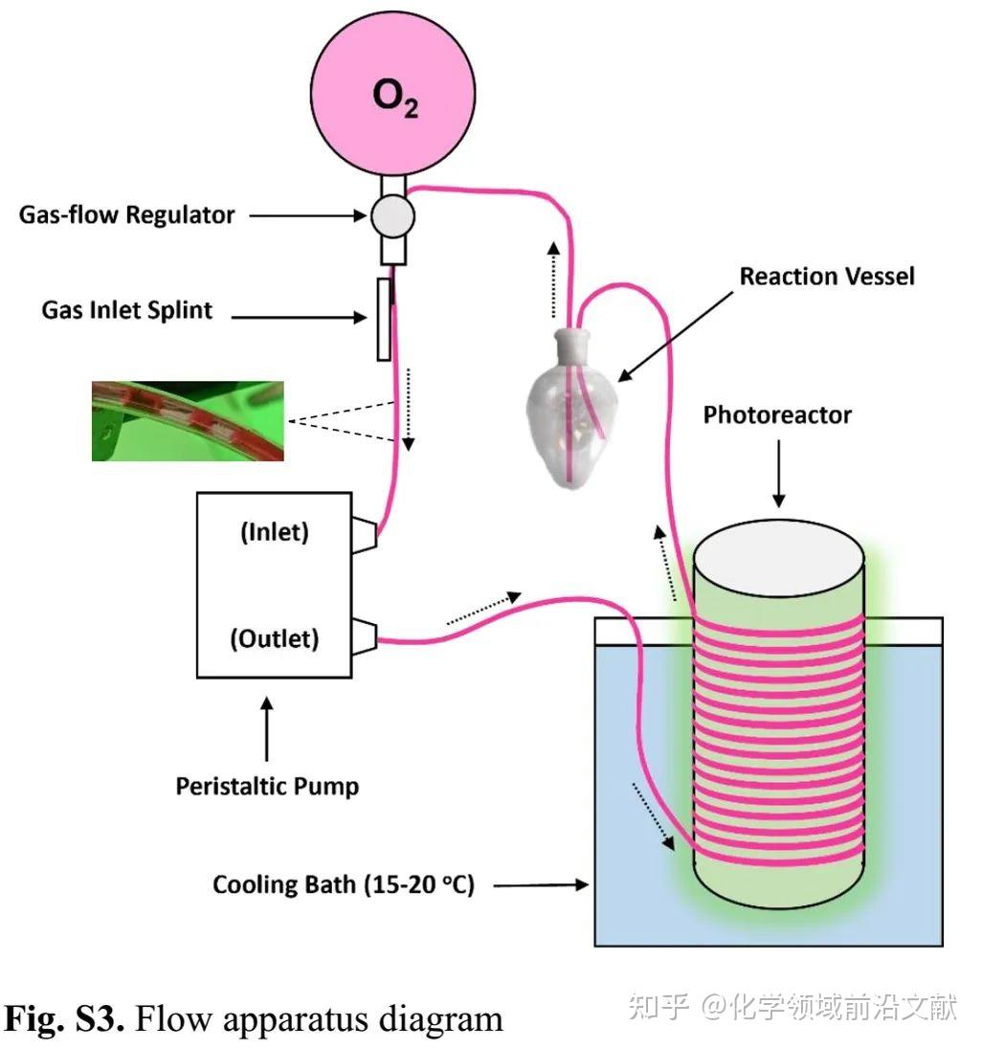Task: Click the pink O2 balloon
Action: pyautogui.click(x=393, y=94)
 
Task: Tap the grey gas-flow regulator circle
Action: pyautogui.click(x=393, y=216)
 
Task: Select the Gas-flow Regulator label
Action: pyautogui.click(x=127, y=215)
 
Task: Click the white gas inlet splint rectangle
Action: pyautogui.click(x=384, y=320)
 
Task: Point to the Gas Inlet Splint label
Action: pyautogui.click(x=127, y=311)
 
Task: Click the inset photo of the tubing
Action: pyautogui.click(x=188, y=421)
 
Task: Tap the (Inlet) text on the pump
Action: pyautogui.click(x=275, y=532)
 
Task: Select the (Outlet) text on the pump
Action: pyautogui.click(x=275, y=638)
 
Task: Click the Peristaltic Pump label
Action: pyautogui.click(x=267, y=786)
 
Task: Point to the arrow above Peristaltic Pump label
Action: pyautogui.click(x=267, y=729)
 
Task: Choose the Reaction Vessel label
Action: pyautogui.click(x=827, y=276)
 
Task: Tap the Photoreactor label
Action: pyautogui.click(x=777, y=415)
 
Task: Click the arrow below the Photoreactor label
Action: pyautogui.click(x=778, y=473)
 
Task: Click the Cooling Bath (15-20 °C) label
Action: pyautogui.click(x=344, y=885)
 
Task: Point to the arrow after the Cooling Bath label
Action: pyautogui.click(x=541, y=885)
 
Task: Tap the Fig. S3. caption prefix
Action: pyautogui.click(x=64, y=1018)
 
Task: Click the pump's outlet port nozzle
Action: pyautogui.click(x=365, y=637)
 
